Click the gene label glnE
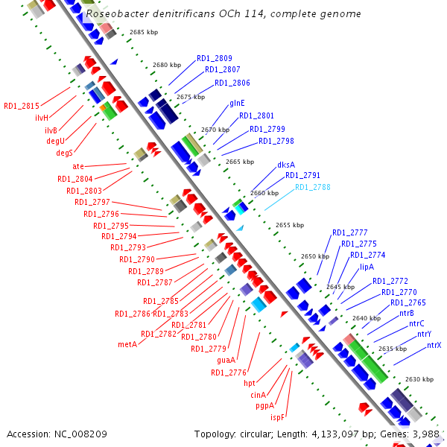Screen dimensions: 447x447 click(238, 102)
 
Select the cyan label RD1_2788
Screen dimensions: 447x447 click(312, 188)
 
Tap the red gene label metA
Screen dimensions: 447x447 click(127, 344)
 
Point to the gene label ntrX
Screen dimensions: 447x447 click(434, 345)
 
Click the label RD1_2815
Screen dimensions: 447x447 click(22, 106)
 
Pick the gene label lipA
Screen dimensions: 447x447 click(367, 267)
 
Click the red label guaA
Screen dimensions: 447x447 click(226, 361)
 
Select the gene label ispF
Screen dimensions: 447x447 click(277, 417)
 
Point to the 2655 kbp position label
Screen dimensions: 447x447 click(290, 225)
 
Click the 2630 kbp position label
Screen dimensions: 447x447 click(419, 379)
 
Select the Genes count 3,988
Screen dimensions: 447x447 click(423, 433)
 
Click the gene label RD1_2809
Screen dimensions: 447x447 click(215, 58)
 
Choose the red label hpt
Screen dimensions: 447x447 click(250, 383)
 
